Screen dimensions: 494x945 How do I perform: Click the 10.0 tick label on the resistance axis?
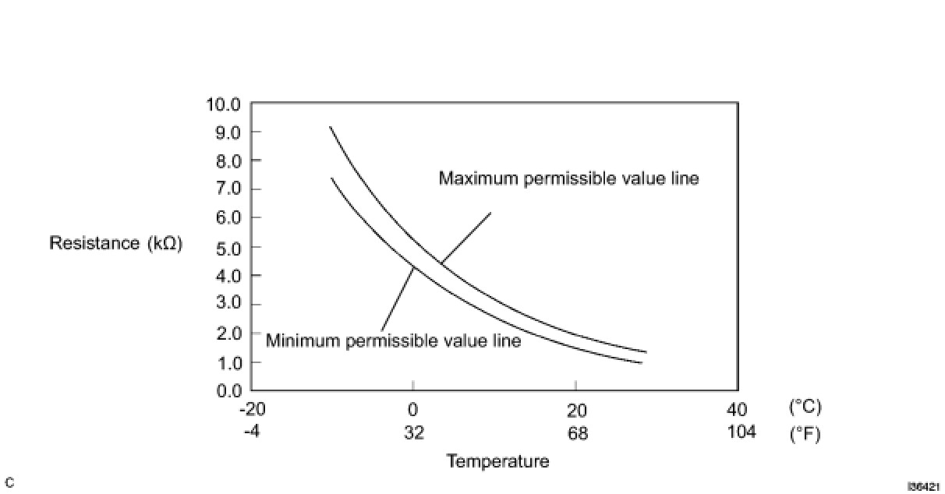click(x=224, y=104)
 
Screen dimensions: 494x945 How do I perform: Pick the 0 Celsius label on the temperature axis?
click(x=413, y=410)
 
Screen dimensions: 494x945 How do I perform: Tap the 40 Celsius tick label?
click(x=737, y=410)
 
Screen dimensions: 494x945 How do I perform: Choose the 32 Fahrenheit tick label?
click(x=414, y=432)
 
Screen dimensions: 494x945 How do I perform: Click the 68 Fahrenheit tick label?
click(x=577, y=432)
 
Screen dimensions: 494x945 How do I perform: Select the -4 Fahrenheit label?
click(x=251, y=432)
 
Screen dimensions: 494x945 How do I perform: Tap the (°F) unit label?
click(x=805, y=433)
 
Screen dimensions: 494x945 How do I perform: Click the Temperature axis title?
click(x=497, y=461)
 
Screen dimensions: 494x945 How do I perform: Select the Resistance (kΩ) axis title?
click(x=115, y=243)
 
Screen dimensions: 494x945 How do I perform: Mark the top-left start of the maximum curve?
click(x=330, y=127)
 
